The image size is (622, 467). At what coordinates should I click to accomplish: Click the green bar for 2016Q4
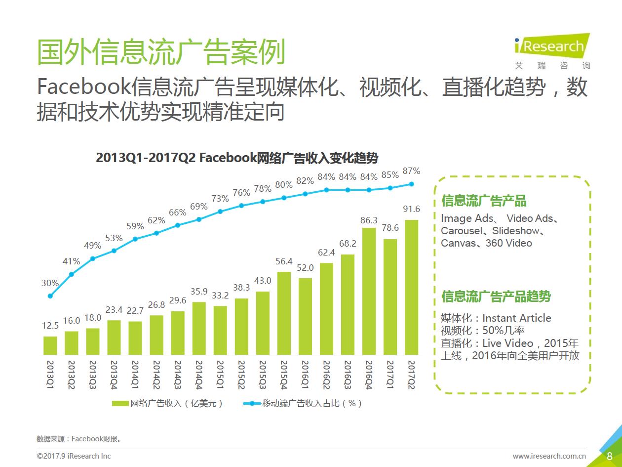point(369,291)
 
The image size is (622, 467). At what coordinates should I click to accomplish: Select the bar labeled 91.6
point(411,287)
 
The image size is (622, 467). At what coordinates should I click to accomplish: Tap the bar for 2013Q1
point(50,345)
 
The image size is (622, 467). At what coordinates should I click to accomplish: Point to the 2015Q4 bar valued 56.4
point(284,313)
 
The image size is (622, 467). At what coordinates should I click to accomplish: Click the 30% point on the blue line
point(50,296)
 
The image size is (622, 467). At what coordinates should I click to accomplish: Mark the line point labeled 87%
point(411,184)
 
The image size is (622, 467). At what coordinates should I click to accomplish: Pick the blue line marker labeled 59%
point(135,239)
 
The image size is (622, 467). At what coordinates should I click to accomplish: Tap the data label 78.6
point(390,228)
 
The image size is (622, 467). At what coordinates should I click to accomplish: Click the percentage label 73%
point(220,199)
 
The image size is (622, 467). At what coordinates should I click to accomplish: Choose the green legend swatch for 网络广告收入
point(120,404)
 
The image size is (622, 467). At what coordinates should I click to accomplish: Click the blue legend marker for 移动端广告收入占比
point(252,404)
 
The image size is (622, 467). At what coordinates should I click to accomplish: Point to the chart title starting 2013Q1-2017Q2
point(237,158)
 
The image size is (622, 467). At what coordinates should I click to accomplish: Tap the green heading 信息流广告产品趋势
point(496,297)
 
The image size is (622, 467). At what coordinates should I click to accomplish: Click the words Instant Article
point(516,318)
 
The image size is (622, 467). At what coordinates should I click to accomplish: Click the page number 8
point(610,456)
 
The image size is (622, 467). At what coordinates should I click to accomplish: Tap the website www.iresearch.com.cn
point(549,456)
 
